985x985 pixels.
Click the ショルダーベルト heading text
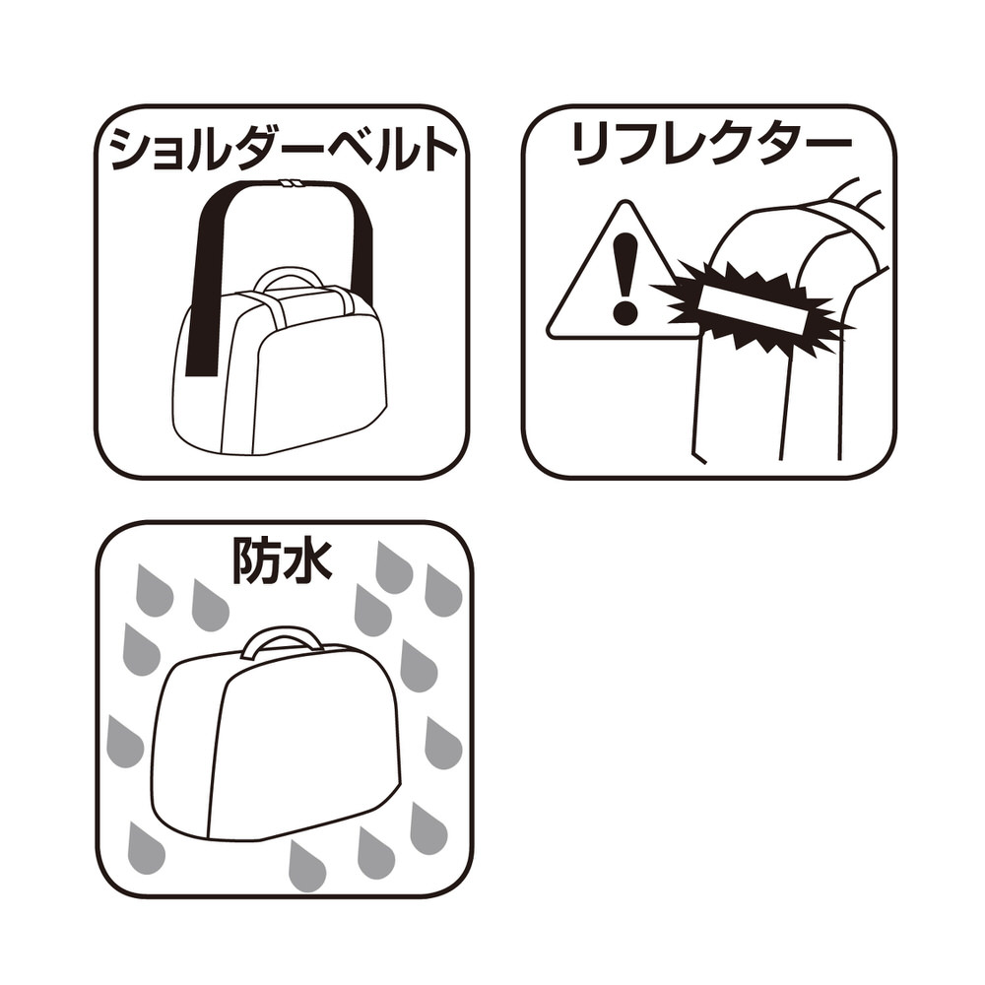(283, 151)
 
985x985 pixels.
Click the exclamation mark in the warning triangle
(625, 279)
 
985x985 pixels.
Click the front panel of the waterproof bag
(307, 754)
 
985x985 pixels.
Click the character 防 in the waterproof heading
(256, 560)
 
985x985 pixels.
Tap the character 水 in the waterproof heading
(307, 560)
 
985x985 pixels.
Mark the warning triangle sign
(613, 272)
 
